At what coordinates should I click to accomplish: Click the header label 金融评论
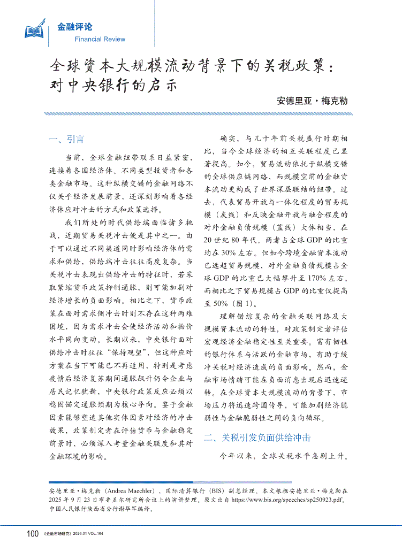click(74, 27)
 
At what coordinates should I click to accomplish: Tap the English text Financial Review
click(100, 39)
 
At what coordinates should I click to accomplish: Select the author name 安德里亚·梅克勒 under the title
click(312, 101)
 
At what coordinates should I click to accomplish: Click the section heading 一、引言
click(66, 140)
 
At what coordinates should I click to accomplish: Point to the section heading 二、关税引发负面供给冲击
click(257, 438)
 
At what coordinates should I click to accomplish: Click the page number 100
click(32, 533)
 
